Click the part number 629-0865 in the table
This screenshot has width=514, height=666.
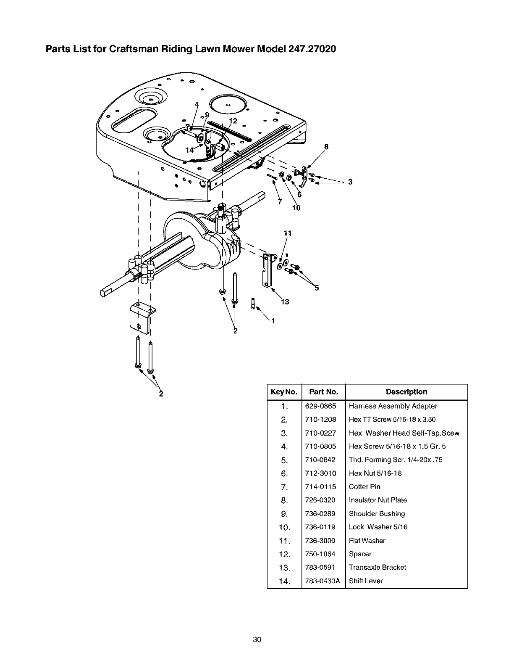click(320, 406)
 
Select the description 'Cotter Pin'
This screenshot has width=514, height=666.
click(365, 487)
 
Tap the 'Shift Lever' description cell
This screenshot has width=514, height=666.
click(366, 581)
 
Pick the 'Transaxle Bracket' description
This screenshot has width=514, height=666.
click(378, 568)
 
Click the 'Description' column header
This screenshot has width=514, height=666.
click(406, 392)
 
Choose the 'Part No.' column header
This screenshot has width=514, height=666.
click(323, 392)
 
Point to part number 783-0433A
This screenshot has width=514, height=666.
click(323, 581)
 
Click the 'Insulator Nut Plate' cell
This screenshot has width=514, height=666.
click(378, 500)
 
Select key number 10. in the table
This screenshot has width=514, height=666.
click(284, 527)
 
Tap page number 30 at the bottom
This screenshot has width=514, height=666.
click(257, 640)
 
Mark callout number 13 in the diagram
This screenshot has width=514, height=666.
click(285, 302)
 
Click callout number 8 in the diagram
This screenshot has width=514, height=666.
click(325, 147)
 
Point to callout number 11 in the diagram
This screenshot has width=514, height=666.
click(287, 233)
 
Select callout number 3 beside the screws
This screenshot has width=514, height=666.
click(350, 182)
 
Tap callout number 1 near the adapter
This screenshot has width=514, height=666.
click(273, 322)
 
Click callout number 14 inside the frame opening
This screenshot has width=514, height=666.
click(189, 150)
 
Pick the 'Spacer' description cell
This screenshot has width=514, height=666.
click(360, 554)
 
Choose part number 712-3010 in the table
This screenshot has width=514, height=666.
click(320, 473)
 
